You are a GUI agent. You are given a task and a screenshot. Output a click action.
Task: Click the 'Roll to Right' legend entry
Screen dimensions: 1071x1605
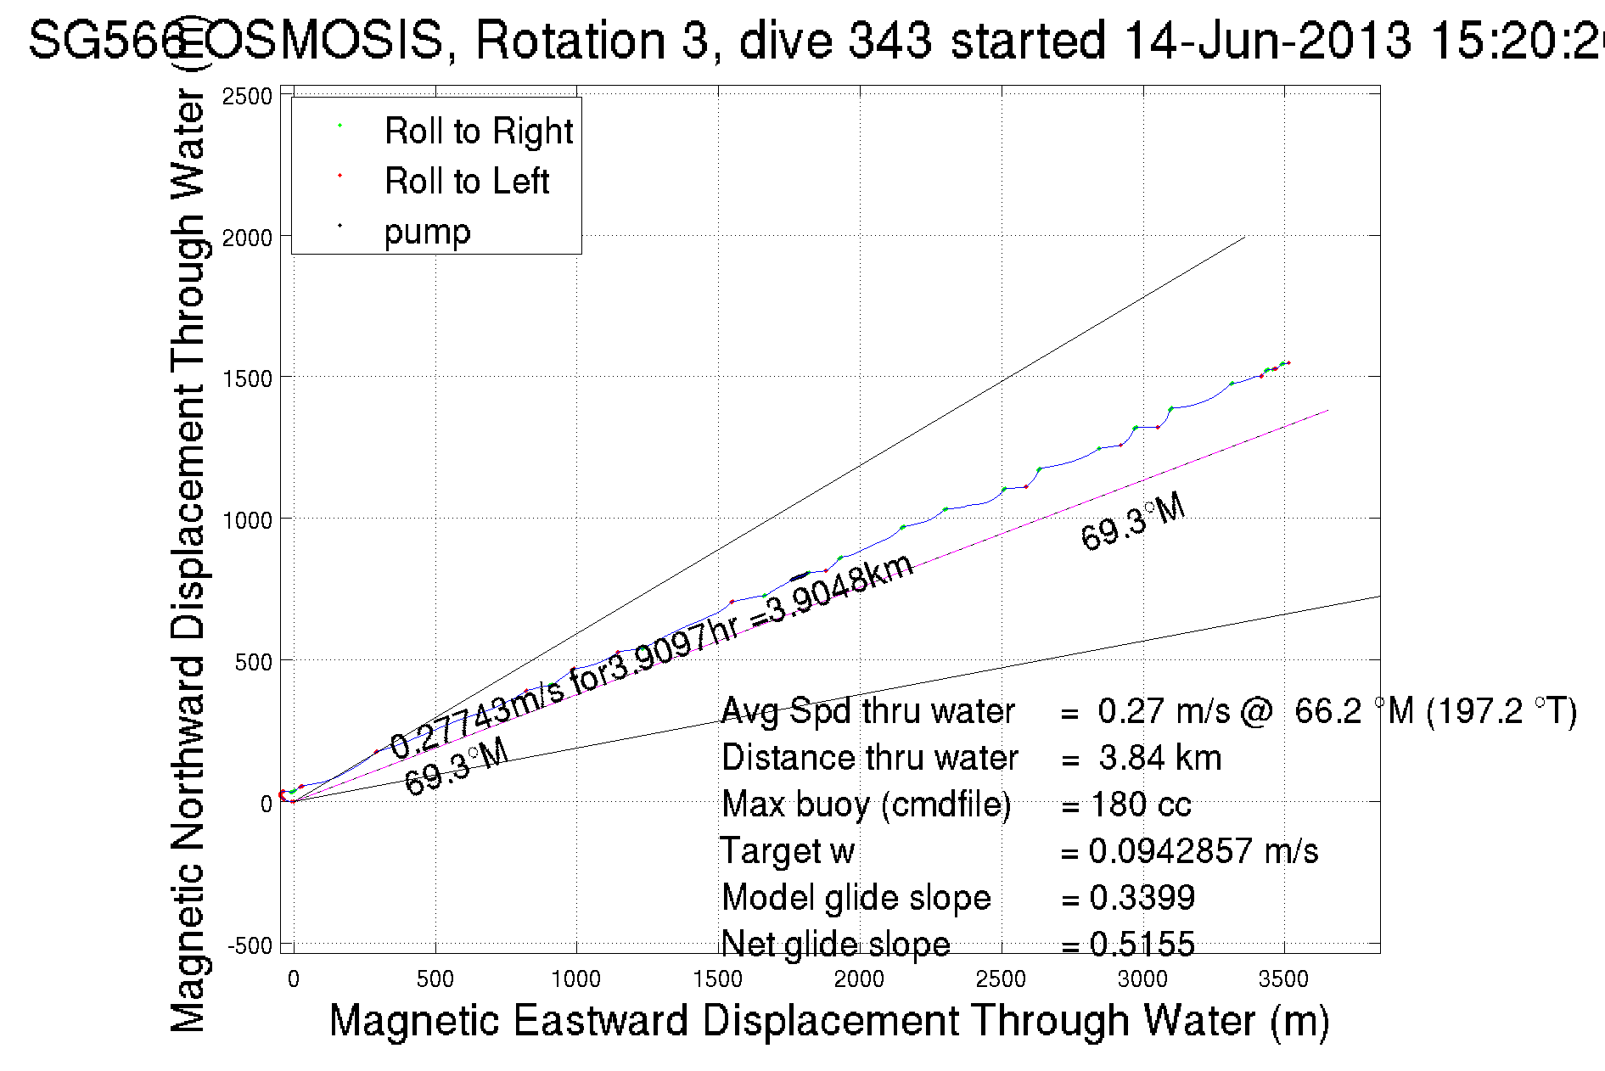coord(478,132)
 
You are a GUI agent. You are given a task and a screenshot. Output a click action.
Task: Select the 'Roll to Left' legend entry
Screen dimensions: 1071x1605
coord(466,182)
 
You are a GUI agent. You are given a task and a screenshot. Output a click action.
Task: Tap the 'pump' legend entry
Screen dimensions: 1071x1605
coord(427,232)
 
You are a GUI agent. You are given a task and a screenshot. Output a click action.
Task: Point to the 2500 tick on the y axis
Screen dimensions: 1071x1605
coord(246,97)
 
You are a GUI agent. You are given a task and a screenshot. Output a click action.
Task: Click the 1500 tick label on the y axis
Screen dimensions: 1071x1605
coord(246,378)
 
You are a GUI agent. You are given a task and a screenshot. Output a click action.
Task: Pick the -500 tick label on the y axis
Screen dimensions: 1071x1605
coord(249,945)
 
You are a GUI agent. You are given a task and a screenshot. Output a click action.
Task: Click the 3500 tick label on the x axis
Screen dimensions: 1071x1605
coord(1283,979)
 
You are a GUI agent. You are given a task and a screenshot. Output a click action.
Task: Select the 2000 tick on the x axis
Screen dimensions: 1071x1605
coord(859,979)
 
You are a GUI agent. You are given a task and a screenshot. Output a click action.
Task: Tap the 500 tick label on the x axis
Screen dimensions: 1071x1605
coord(435,979)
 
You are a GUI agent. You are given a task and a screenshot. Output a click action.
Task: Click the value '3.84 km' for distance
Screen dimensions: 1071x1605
coord(1159,758)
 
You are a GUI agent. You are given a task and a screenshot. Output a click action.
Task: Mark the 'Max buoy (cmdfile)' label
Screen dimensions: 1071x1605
coord(866,805)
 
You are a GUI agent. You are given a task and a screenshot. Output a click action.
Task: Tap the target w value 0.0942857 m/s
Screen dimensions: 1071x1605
coord(1203,851)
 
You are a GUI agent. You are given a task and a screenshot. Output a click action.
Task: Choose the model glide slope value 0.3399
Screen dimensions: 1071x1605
coord(1142,898)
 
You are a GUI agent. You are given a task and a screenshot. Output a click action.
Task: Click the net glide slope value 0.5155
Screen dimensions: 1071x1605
coord(1142,944)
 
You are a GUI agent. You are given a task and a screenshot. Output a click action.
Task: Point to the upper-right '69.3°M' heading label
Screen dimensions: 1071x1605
coord(1132,523)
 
